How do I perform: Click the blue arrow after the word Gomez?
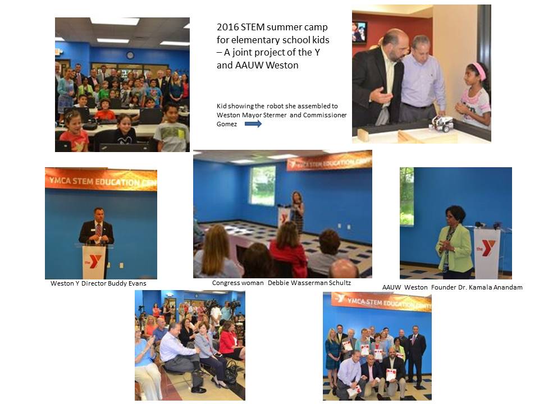[x=253, y=124]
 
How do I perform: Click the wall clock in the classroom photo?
[x=130, y=55]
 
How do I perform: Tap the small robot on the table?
[x=442, y=123]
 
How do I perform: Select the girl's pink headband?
[x=478, y=71]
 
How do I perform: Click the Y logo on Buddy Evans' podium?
[x=94, y=261]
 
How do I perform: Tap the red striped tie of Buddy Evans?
[x=99, y=229]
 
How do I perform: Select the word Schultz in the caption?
[x=340, y=283]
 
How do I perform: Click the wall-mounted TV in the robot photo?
[x=359, y=32]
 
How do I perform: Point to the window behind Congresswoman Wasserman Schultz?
[x=263, y=186]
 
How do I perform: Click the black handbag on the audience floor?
[x=231, y=371]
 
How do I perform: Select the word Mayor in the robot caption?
[x=252, y=115]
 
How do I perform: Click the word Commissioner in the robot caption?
[x=325, y=115]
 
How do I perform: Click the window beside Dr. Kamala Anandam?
[x=406, y=196]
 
